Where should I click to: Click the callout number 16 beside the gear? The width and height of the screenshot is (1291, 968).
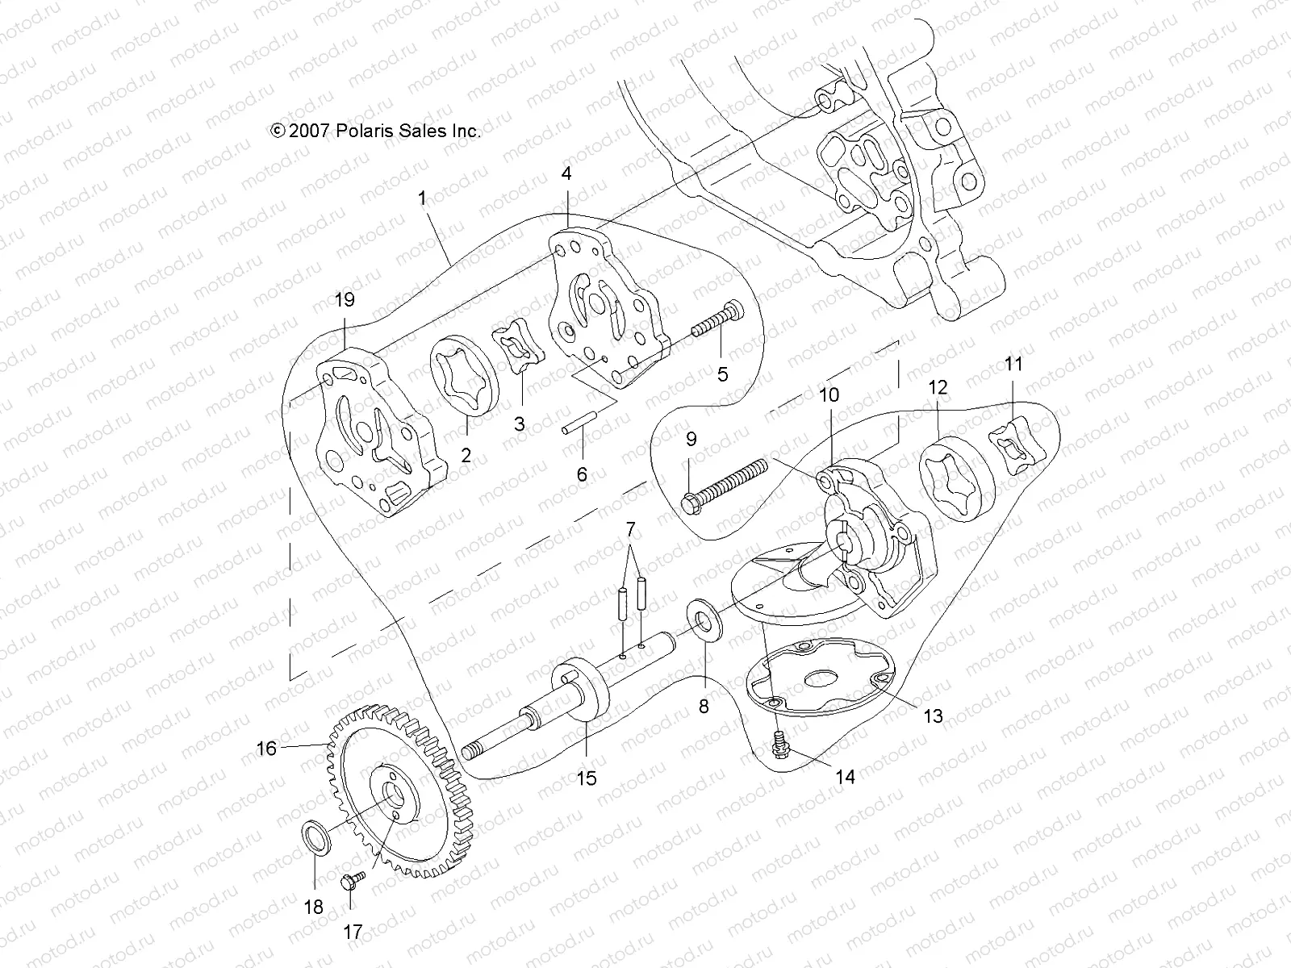pyautogui.click(x=266, y=749)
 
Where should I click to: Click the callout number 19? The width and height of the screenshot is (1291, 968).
pyautogui.click(x=345, y=300)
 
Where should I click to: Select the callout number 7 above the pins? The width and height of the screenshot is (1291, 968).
pyautogui.click(x=631, y=530)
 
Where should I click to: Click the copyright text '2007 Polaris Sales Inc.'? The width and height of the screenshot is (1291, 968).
pyautogui.click(x=377, y=131)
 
